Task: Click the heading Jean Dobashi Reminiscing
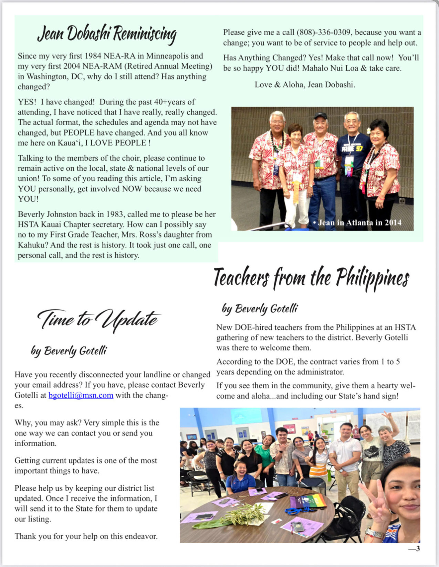pos(107,34)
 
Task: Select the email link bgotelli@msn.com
pos(81,395)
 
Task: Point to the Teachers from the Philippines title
pos(311,278)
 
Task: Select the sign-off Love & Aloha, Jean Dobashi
pos(305,84)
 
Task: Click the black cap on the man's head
pos(320,116)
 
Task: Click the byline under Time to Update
pos(69,351)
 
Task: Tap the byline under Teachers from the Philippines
pos(260,309)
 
